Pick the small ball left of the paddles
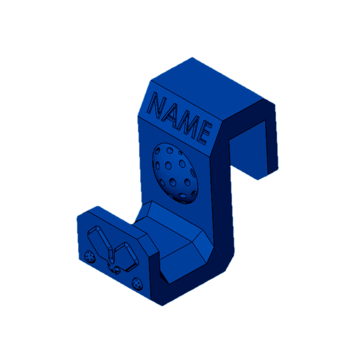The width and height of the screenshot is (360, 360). click(90, 256)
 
